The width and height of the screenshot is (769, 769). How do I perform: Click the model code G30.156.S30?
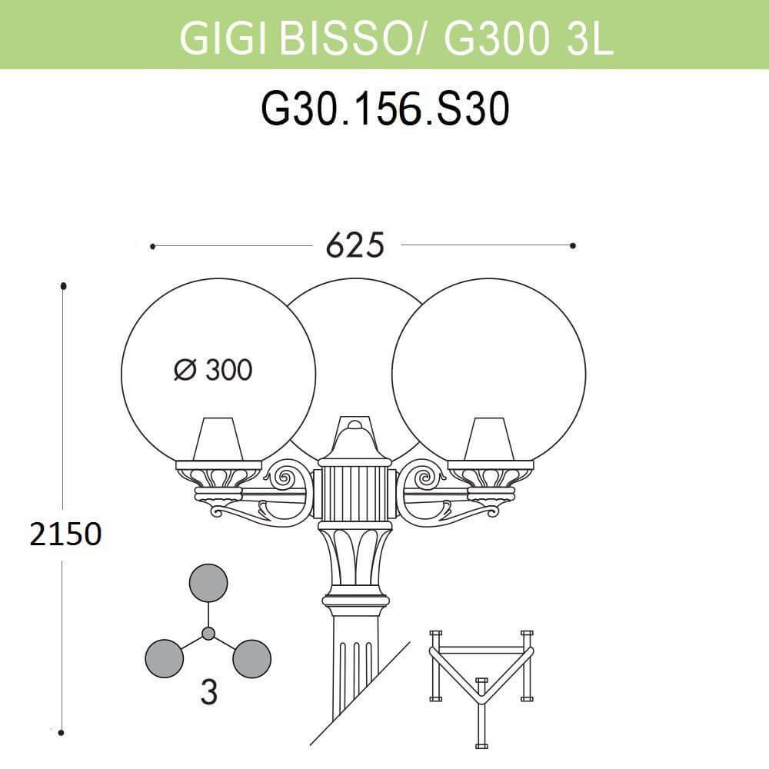pyautogui.click(x=385, y=109)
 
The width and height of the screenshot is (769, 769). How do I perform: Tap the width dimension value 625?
pyautogui.click(x=355, y=245)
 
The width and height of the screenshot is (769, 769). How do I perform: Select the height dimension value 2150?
pyautogui.click(x=65, y=534)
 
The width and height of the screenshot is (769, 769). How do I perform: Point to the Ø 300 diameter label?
pyautogui.click(x=213, y=370)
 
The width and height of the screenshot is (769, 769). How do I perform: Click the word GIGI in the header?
pyautogui.click(x=223, y=38)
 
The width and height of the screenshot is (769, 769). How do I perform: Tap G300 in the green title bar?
pyautogui.click(x=494, y=38)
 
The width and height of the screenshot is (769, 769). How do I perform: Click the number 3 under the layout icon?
pyautogui.click(x=209, y=693)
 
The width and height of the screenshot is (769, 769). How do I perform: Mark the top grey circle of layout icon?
pyautogui.click(x=208, y=583)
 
